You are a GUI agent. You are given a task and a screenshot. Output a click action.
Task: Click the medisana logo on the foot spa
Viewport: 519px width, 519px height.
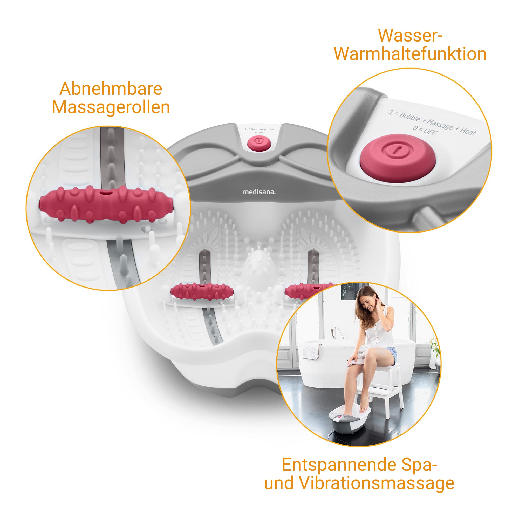pyautogui.click(x=259, y=192)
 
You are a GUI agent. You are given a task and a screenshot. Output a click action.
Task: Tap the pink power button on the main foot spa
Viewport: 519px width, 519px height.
pyautogui.click(x=259, y=143)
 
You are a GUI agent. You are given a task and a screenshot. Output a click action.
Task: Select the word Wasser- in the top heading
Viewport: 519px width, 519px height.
pyautogui.click(x=410, y=36)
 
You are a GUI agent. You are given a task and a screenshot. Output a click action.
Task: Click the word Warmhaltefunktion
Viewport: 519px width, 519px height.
pyautogui.click(x=410, y=54)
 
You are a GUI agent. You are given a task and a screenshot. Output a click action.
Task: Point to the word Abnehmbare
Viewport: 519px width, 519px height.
pyautogui.click(x=111, y=89)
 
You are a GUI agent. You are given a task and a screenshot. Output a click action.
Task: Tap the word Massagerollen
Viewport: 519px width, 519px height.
pyautogui.click(x=111, y=107)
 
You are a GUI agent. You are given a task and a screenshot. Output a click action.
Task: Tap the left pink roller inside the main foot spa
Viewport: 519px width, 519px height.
pyautogui.click(x=202, y=291)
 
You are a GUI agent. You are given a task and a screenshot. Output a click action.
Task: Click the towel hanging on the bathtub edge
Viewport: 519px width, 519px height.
pyautogui.click(x=312, y=351)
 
